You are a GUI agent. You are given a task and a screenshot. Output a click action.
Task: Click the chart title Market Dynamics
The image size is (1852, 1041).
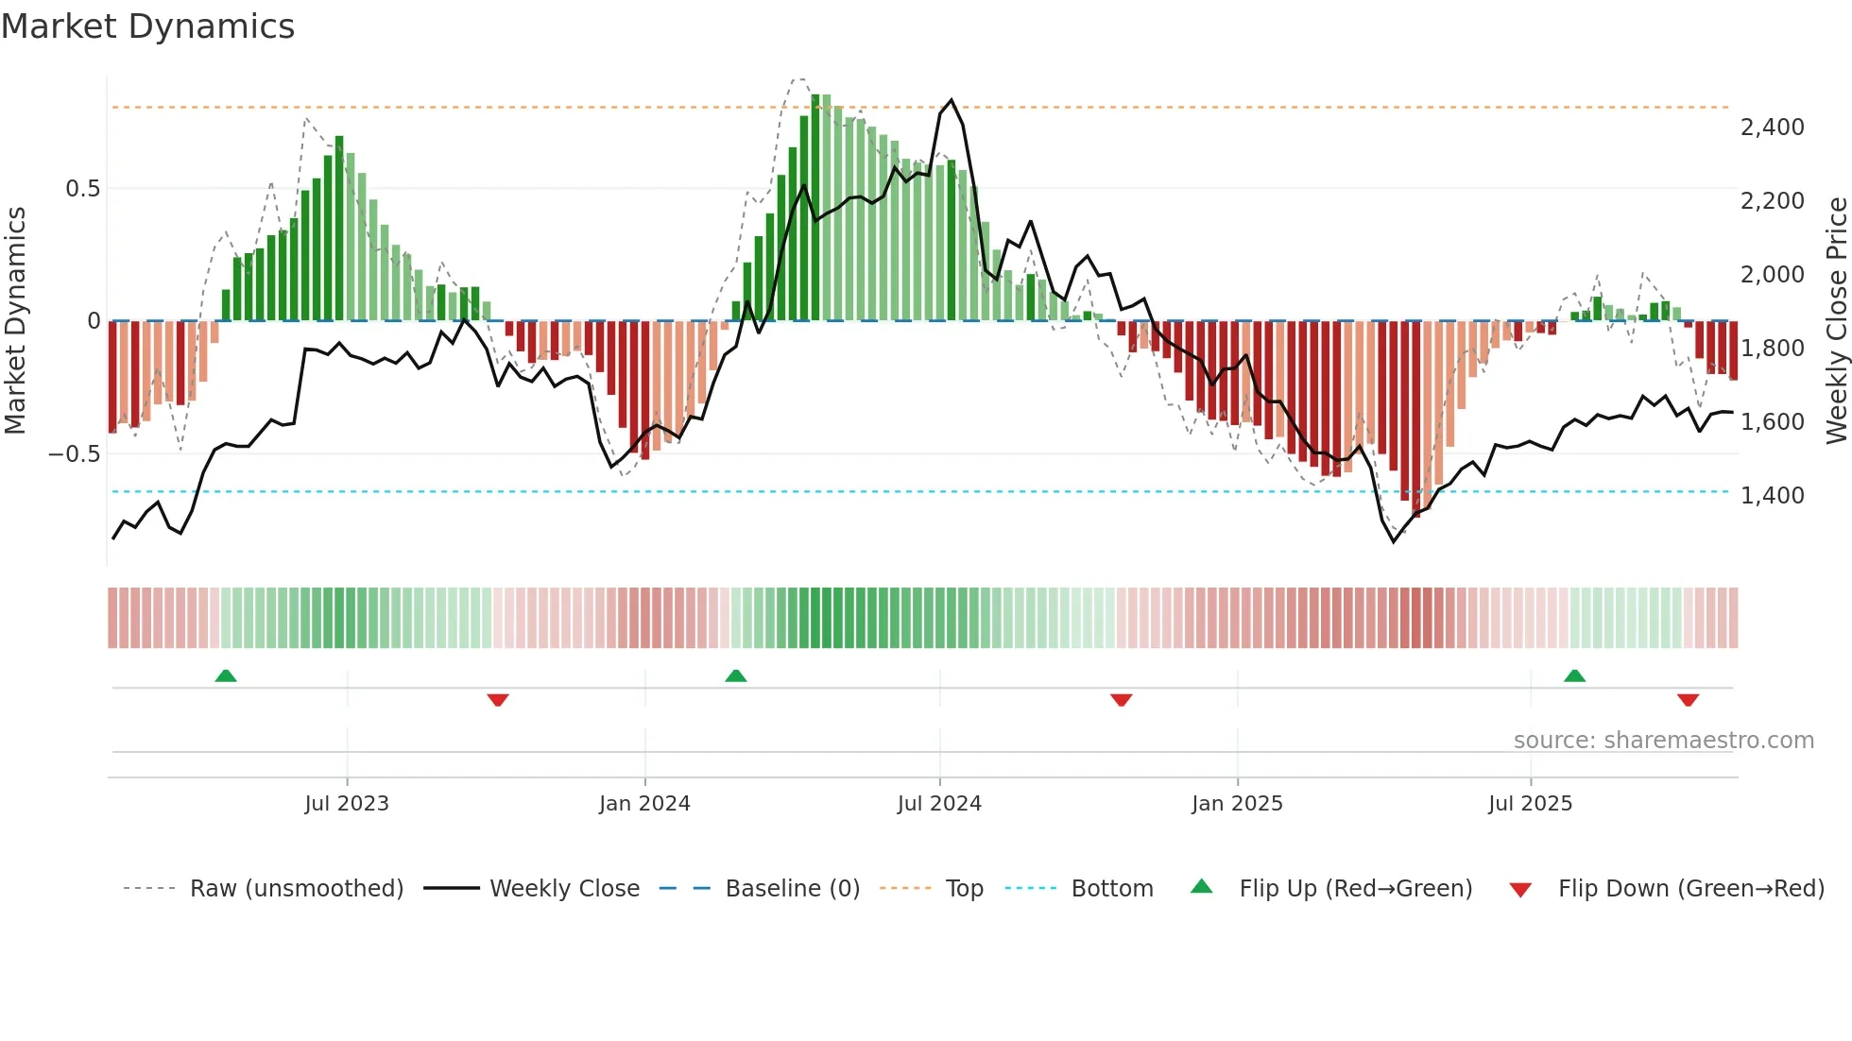[148, 26]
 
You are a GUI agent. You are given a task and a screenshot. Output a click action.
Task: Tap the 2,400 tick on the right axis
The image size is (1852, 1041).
[1772, 127]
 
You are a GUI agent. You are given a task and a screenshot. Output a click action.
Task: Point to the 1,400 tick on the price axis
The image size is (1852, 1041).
[1772, 495]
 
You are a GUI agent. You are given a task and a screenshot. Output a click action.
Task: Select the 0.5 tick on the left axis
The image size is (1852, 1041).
[82, 188]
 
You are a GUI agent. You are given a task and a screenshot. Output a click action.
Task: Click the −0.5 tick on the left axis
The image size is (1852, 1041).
[75, 453]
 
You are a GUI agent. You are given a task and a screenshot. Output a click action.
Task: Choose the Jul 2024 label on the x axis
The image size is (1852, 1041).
[939, 803]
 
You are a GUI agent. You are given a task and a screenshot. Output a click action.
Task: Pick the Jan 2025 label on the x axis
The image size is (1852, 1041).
[1237, 803]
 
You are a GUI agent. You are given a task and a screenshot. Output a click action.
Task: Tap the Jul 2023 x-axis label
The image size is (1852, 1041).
[347, 803]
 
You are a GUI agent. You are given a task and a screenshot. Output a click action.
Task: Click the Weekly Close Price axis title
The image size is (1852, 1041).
[1836, 320]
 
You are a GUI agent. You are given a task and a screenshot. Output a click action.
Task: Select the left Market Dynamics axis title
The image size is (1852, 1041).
[15, 320]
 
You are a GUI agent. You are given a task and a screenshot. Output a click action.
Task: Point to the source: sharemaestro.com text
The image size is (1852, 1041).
[1663, 740]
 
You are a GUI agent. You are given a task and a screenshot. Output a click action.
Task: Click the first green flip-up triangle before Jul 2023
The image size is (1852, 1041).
[226, 675]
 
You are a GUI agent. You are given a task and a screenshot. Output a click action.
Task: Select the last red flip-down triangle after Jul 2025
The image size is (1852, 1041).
[1688, 700]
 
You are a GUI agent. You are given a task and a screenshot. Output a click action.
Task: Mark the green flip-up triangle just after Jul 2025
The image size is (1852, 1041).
[1574, 675]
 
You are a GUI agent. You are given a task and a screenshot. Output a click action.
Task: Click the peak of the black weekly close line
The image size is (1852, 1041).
[951, 100]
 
